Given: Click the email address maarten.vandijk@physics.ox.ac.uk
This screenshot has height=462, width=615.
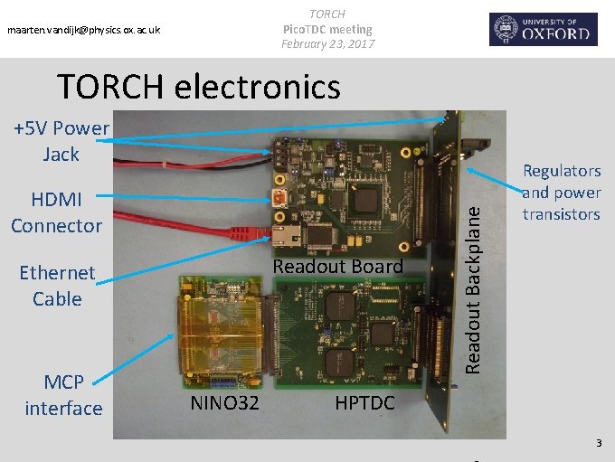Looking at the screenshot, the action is click(x=83, y=31).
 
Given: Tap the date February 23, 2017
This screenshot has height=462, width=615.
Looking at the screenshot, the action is click(x=326, y=43).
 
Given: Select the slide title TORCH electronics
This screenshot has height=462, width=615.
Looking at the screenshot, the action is click(x=198, y=87).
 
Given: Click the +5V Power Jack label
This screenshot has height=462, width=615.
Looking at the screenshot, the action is click(x=61, y=141).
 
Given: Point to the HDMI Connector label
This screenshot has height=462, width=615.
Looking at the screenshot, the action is click(x=56, y=212).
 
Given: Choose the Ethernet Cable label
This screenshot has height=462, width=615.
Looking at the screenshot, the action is click(x=56, y=286).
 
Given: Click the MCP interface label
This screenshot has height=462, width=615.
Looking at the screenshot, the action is click(x=63, y=395).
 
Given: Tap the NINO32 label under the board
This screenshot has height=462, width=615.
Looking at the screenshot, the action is click(x=224, y=403).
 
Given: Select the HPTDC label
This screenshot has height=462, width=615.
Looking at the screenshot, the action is click(x=364, y=403).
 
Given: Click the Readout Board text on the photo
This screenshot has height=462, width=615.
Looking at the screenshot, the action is click(x=337, y=266).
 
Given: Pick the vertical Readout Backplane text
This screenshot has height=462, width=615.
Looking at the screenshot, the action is click(x=471, y=287).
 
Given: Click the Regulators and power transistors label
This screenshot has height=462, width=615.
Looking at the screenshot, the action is click(x=561, y=193).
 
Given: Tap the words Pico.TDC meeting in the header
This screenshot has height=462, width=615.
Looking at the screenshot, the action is click(x=326, y=29).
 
